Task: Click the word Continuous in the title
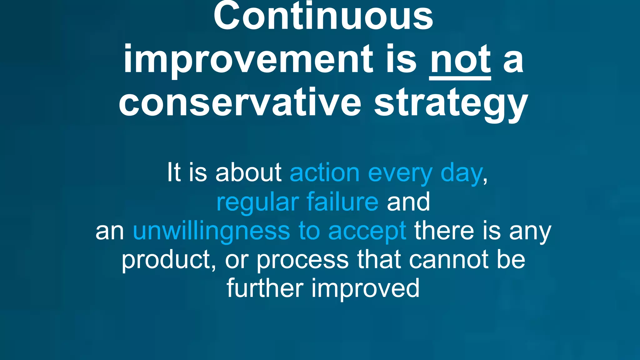pos(323,16)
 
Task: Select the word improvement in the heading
pos(248,59)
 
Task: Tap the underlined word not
pos(460,59)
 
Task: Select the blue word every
pos(400,174)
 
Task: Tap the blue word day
pos(461,174)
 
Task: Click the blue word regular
pos(257,202)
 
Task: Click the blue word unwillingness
pos(211,231)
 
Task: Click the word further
pos(265,288)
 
